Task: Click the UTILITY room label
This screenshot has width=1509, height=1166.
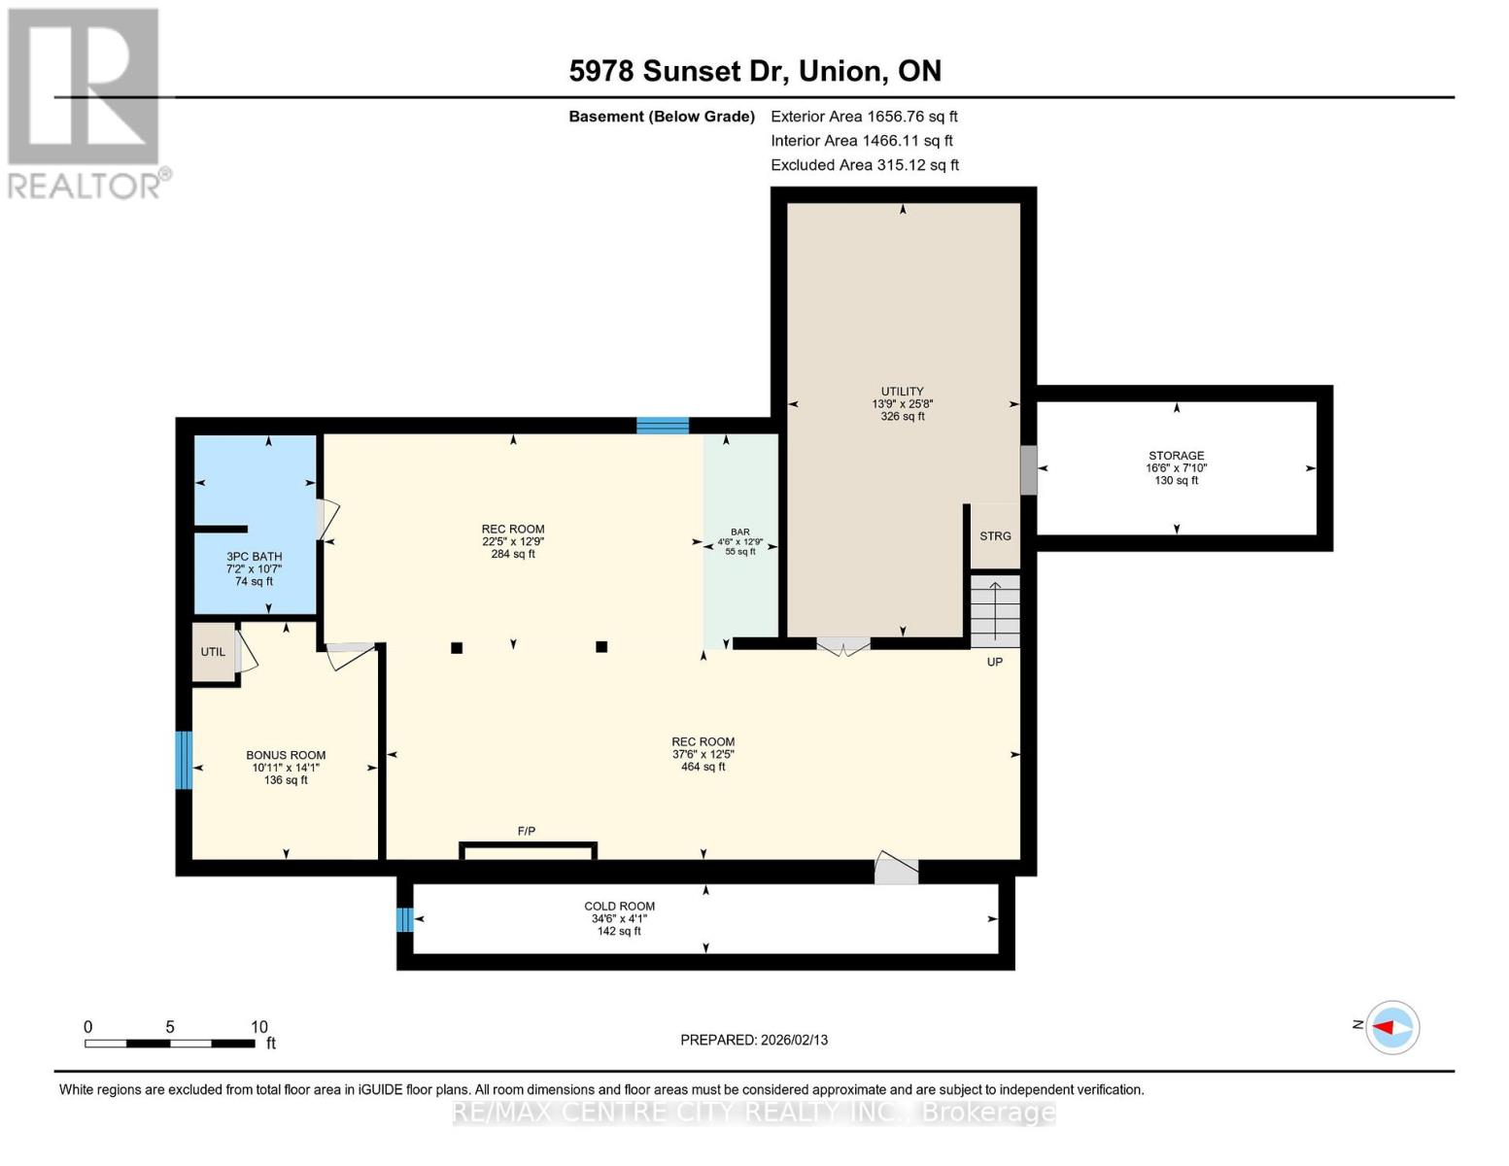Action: tap(903, 393)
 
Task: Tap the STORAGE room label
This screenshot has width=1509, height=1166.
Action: tap(1176, 456)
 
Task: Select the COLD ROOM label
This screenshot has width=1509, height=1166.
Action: tap(619, 907)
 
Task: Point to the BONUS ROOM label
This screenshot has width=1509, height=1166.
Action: tap(286, 755)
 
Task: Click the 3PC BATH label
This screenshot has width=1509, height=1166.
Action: tap(254, 557)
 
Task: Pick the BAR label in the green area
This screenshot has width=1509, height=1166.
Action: tap(740, 532)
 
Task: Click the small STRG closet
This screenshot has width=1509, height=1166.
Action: tap(995, 536)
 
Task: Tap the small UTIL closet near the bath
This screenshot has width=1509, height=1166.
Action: tap(213, 652)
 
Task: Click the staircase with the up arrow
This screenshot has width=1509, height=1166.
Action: tap(995, 611)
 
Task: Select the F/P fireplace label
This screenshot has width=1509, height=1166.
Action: tap(526, 831)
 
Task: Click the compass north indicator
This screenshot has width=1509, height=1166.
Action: tap(1391, 1027)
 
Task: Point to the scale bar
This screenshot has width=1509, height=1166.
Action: tap(170, 1044)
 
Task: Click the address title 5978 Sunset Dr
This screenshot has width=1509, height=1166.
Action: tap(754, 71)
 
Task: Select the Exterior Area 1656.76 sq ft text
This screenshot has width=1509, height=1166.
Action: tap(864, 117)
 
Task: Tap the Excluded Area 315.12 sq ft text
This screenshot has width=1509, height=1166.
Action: tap(864, 165)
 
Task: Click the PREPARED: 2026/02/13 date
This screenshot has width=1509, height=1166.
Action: tap(754, 1040)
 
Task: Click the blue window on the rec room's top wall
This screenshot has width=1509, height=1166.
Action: tap(663, 426)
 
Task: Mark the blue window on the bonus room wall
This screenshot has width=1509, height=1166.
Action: tap(184, 760)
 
